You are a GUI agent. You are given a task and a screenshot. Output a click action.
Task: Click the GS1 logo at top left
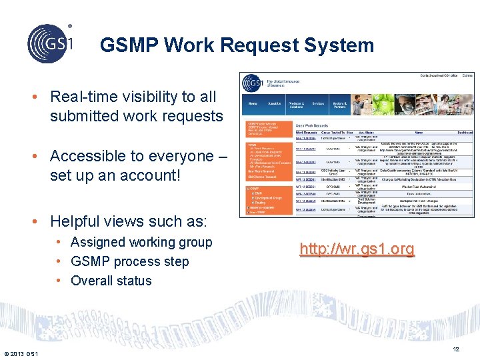pyautogui.click(x=49, y=43)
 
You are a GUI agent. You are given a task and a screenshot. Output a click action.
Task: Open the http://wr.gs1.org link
pyautogui.click(x=357, y=249)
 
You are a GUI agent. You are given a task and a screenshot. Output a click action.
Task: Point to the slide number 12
pyautogui.click(x=456, y=349)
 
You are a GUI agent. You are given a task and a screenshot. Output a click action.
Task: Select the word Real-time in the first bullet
pyautogui.click(x=80, y=97)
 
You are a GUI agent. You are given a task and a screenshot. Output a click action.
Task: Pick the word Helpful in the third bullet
pyautogui.click(x=77, y=221)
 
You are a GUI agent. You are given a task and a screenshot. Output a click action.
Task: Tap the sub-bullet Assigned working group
pyautogui.click(x=141, y=242)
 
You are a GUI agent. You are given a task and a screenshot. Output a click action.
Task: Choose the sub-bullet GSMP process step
pyautogui.click(x=130, y=261)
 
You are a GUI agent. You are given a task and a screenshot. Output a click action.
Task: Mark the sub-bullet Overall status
pyautogui.click(x=111, y=281)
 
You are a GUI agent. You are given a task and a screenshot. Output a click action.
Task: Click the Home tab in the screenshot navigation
pyautogui.click(x=253, y=103)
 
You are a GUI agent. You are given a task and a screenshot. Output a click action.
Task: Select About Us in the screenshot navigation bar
pyautogui.click(x=274, y=103)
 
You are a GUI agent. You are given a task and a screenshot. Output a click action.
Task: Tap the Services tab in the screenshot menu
pyautogui.click(x=318, y=103)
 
